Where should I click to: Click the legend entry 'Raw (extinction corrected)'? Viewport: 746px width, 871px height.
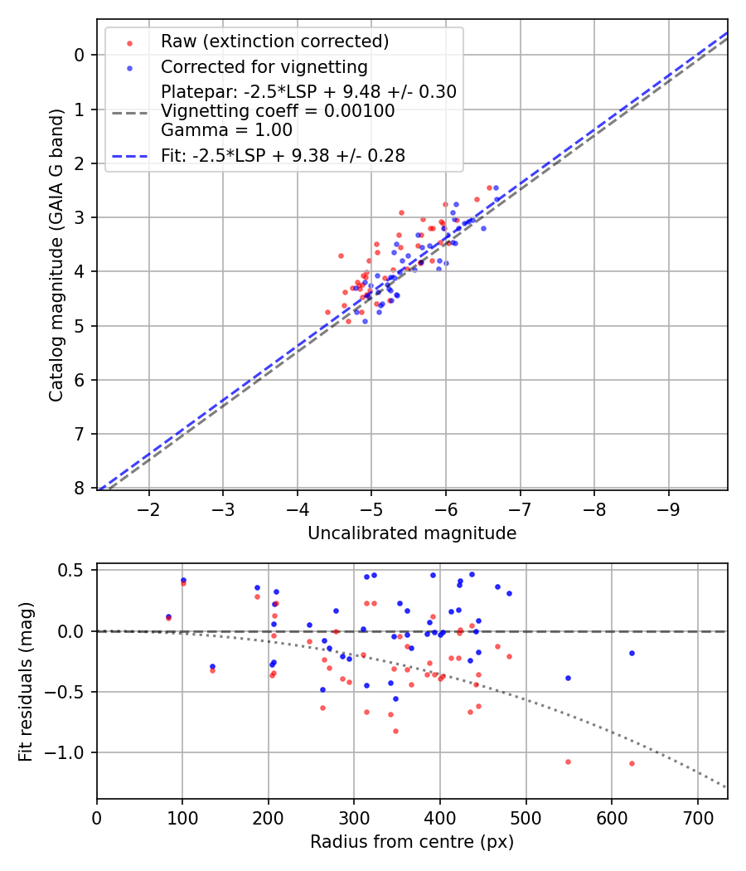point(274,41)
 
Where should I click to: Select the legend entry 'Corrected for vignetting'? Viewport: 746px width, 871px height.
point(264,67)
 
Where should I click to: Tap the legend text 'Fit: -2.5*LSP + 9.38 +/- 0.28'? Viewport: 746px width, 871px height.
point(283,156)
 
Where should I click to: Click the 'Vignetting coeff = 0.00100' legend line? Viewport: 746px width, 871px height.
point(278,111)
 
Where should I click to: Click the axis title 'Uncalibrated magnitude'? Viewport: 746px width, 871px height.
point(412,533)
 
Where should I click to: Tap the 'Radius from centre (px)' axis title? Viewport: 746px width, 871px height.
point(412,842)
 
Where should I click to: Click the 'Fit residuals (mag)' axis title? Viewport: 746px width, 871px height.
point(27,681)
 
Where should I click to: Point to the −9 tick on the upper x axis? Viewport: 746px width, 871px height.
point(668,508)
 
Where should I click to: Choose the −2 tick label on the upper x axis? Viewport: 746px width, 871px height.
point(149,508)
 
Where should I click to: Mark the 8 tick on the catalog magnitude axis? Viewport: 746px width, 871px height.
point(80,489)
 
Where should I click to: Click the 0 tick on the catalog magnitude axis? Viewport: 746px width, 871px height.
point(80,55)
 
